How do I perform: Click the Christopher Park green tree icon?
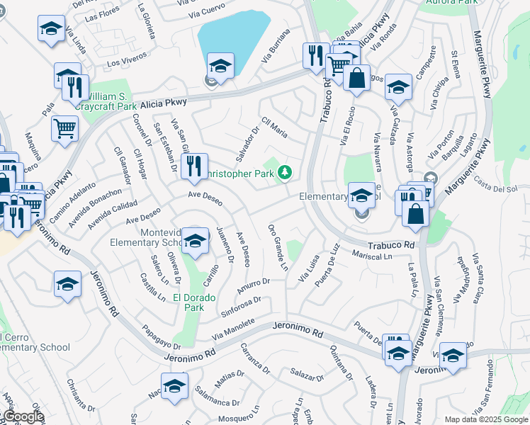tap(285, 172)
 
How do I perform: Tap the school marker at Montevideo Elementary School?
tap(195, 241)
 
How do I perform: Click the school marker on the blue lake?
tap(220, 67)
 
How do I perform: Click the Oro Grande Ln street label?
tap(278, 247)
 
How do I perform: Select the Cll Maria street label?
tap(274, 127)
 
